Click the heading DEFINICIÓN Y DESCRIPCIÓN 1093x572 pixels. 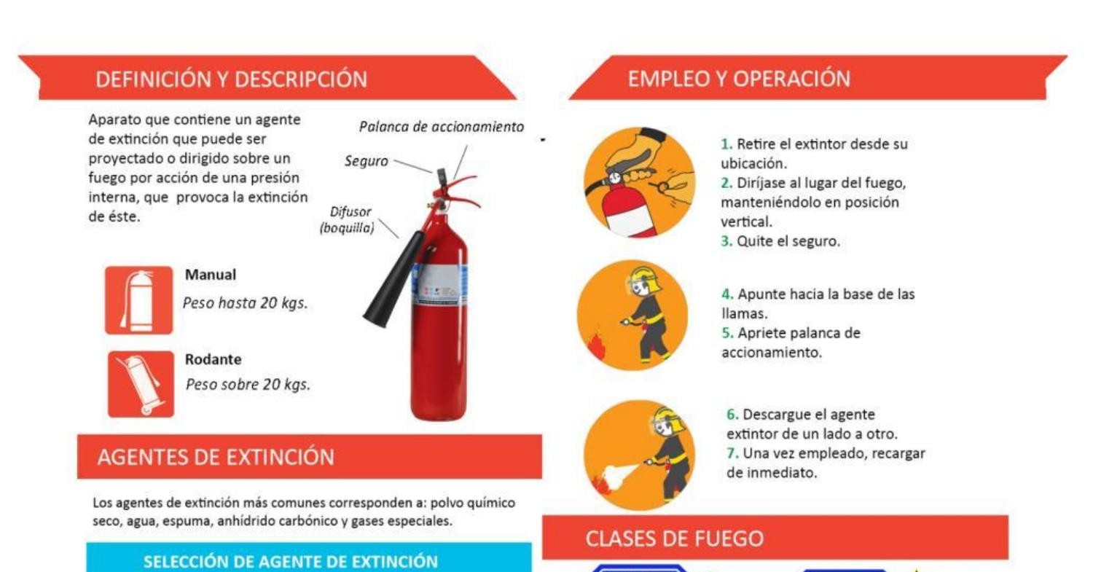(231, 79)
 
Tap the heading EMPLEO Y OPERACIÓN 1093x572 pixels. (739, 79)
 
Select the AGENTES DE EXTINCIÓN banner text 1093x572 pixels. (216, 457)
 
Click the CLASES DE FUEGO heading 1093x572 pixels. (674, 538)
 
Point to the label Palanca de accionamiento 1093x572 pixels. (441, 127)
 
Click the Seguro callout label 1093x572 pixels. (366, 161)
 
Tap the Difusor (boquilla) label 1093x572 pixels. (348, 219)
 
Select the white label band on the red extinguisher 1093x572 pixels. (439, 285)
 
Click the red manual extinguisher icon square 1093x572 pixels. (138, 300)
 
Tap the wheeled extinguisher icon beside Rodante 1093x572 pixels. (141, 384)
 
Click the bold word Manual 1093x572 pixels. (211, 275)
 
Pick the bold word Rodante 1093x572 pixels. (213, 359)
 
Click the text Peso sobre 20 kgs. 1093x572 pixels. (248, 385)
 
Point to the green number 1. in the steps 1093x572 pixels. (726, 144)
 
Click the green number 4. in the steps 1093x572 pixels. (727, 294)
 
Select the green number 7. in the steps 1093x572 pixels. (732, 453)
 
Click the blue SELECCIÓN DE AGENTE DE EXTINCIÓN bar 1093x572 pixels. (309, 558)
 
